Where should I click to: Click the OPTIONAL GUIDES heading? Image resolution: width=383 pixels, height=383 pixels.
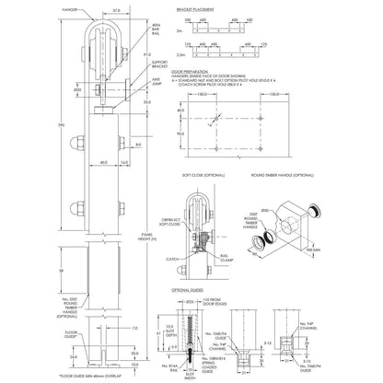click(189, 289)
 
